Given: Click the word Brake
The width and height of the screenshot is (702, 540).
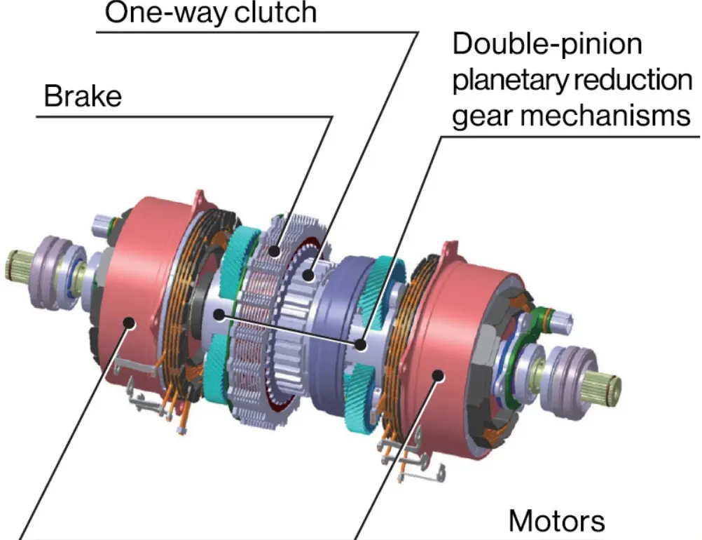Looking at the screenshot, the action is [83, 96].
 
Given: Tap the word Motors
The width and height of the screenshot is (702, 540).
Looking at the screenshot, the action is [556, 521].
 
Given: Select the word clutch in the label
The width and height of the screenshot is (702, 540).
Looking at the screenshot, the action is [275, 12].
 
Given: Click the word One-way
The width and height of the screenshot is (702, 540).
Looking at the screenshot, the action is [166, 13].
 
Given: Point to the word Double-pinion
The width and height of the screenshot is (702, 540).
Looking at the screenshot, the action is [547, 44].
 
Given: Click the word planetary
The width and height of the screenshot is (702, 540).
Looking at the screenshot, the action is [510, 81].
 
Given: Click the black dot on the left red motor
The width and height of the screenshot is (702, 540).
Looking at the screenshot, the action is [130, 322].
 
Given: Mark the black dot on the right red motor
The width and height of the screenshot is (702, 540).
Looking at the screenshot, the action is [439, 375].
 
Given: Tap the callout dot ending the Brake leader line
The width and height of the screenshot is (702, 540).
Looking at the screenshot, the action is [275, 251].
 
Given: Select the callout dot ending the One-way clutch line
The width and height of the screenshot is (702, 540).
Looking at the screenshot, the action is [308, 274].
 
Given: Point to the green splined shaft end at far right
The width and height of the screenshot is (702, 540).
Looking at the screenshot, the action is [605, 386].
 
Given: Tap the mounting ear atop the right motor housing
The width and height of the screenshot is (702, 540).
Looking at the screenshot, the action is [450, 251].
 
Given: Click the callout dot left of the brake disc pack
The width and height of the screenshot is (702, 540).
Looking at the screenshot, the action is [219, 315].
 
